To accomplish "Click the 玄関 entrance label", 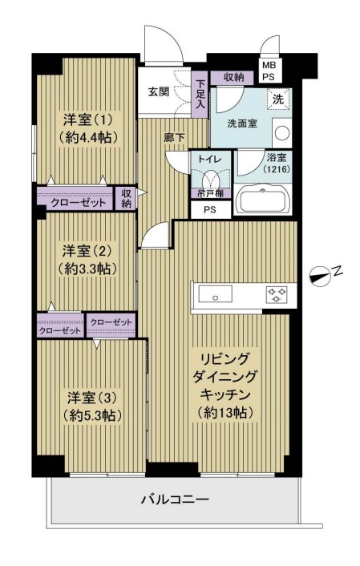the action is pos(159,91).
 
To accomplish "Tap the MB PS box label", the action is pos(269,71).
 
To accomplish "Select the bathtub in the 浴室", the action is pos(262,200).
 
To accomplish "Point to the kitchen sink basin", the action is pos(215,294).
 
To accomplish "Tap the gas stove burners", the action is pos(277,293).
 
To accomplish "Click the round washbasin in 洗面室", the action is pos(282,133).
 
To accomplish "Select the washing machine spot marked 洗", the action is pos(278,99).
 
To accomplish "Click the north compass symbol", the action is pos(320,277).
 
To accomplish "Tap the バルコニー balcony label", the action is pos(175,499).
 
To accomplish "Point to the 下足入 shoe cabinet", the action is pos(200,94).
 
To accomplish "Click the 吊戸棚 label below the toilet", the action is pos(210,193).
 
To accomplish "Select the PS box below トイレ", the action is pos(211,209).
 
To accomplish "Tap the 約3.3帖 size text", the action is pos(87,269).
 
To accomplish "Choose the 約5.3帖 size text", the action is pos(91,416).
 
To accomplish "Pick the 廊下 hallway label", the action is pos(175,137).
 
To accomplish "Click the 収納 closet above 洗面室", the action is pos(233,77).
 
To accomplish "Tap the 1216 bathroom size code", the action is pos(277,168).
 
